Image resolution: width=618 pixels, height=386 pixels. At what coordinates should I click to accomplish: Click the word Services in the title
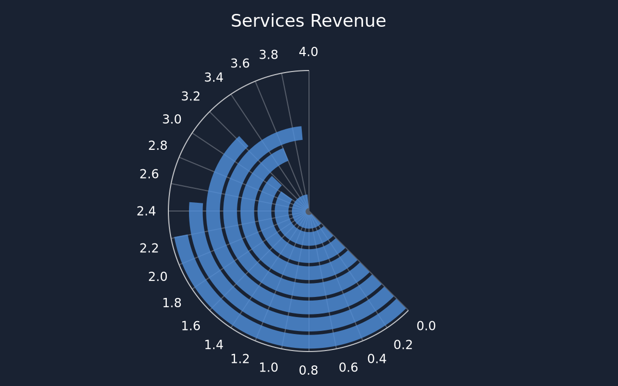(x=267, y=21)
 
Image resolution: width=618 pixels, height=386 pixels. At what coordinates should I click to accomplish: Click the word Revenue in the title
(x=348, y=21)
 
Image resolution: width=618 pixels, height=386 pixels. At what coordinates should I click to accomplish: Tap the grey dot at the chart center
(x=308, y=212)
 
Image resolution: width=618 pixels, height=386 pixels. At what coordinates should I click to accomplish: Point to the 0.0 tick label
(x=426, y=326)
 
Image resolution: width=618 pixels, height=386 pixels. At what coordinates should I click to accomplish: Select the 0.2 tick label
(x=403, y=345)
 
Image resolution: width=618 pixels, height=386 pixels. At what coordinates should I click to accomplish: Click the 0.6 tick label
(x=348, y=368)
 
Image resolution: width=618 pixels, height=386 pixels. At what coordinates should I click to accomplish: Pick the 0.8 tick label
(x=308, y=371)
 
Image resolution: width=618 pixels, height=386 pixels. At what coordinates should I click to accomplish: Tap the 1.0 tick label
(x=268, y=368)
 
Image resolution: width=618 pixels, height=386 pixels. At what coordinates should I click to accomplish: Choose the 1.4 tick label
(x=214, y=345)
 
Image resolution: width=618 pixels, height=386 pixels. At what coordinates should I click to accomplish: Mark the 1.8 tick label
(x=172, y=303)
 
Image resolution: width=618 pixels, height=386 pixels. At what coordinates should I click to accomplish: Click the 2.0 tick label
(x=158, y=277)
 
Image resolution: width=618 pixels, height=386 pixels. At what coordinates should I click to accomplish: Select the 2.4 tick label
(x=146, y=212)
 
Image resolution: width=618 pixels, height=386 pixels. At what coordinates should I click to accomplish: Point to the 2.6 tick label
(x=149, y=174)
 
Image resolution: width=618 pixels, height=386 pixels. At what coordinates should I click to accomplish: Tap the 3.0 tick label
(x=172, y=119)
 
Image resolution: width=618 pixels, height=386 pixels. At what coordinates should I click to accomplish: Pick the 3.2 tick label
(x=191, y=97)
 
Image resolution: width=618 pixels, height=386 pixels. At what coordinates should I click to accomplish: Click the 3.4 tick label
(x=214, y=78)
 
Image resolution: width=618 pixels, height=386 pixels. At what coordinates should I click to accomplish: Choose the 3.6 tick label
(x=240, y=63)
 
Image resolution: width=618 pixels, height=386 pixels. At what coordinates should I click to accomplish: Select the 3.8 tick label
(x=268, y=55)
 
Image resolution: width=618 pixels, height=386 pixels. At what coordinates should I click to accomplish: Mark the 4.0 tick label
(x=308, y=52)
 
